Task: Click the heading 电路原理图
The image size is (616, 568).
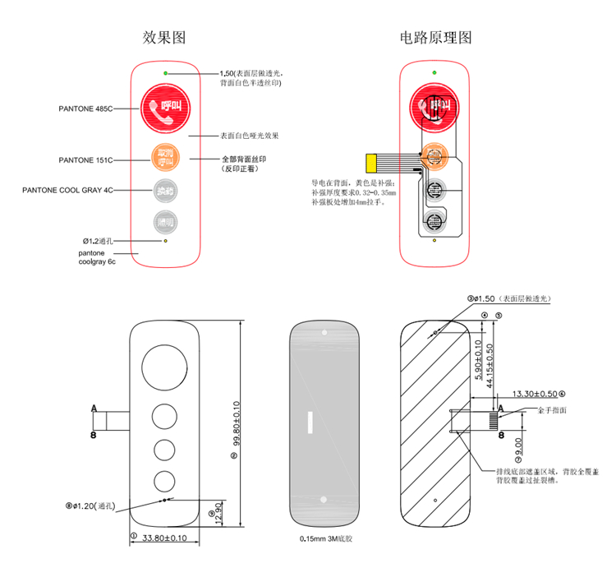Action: click(x=435, y=38)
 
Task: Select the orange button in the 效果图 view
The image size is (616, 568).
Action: click(x=166, y=155)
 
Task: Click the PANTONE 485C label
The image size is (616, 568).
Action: click(x=85, y=109)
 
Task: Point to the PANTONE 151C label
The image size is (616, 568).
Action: click(x=85, y=159)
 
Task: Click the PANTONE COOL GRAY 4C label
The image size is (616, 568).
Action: click(x=67, y=190)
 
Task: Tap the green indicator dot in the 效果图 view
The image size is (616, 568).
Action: click(x=167, y=74)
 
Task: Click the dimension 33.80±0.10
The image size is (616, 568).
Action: click(x=165, y=538)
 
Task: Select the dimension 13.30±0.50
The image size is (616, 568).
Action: click(x=536, y=393)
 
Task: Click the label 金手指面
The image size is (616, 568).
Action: click(x=552, y=409)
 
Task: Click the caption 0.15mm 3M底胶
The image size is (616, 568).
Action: click(x=326, y=540)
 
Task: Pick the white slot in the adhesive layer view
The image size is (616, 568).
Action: click(x=310, y=422)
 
